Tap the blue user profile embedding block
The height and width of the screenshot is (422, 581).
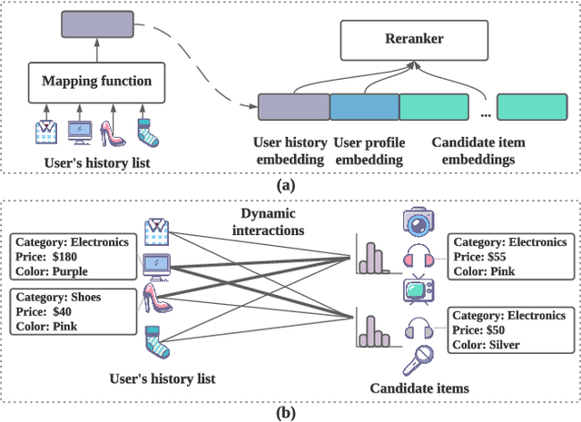[364, 107]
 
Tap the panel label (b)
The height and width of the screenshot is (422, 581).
[289, 409]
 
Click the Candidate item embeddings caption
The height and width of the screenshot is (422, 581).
[478, 150]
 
